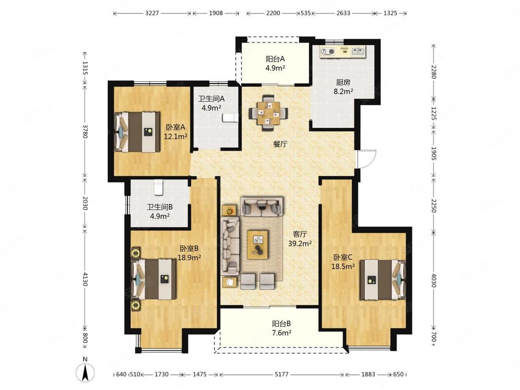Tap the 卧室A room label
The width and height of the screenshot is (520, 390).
[x=176, y=127]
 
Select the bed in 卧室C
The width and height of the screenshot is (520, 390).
[x=383, y=279]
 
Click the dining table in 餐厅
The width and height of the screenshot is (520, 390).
[x=269, y=113]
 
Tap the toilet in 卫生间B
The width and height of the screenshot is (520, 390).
[x=159, y=187]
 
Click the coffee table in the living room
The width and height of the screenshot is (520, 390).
[x=257, y=244]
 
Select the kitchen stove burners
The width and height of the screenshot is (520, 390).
[x=328, y=51]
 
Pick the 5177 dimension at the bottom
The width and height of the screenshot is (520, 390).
[x=281, y=374]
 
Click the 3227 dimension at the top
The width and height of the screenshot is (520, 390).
[x=152, y=13]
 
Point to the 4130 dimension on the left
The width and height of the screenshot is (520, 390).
[x=85, y=279]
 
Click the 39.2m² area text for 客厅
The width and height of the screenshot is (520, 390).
[x=300, y=244]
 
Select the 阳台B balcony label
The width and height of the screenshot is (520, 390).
[x=281, y=323]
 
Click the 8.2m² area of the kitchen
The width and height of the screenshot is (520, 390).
[x=343, y=91]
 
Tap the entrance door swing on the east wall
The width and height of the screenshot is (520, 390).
[x=367, y=159]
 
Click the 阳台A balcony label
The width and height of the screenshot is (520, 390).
[x=275, y=59]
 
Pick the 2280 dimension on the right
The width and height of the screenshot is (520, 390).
[x=434, y=72]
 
